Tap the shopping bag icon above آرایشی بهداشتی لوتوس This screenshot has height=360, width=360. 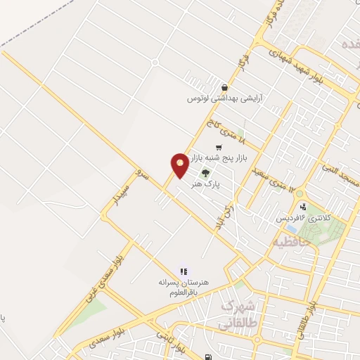[x=224, y=88]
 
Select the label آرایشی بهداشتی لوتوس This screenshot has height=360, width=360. [x=219, y=98]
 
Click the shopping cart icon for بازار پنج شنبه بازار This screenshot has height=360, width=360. [x=219, y=148]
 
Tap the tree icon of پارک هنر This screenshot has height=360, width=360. [x=206, y=172]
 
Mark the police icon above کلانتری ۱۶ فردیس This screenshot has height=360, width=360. [x=302, y=207]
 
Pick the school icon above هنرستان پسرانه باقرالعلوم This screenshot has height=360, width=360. [x=184, y=271]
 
